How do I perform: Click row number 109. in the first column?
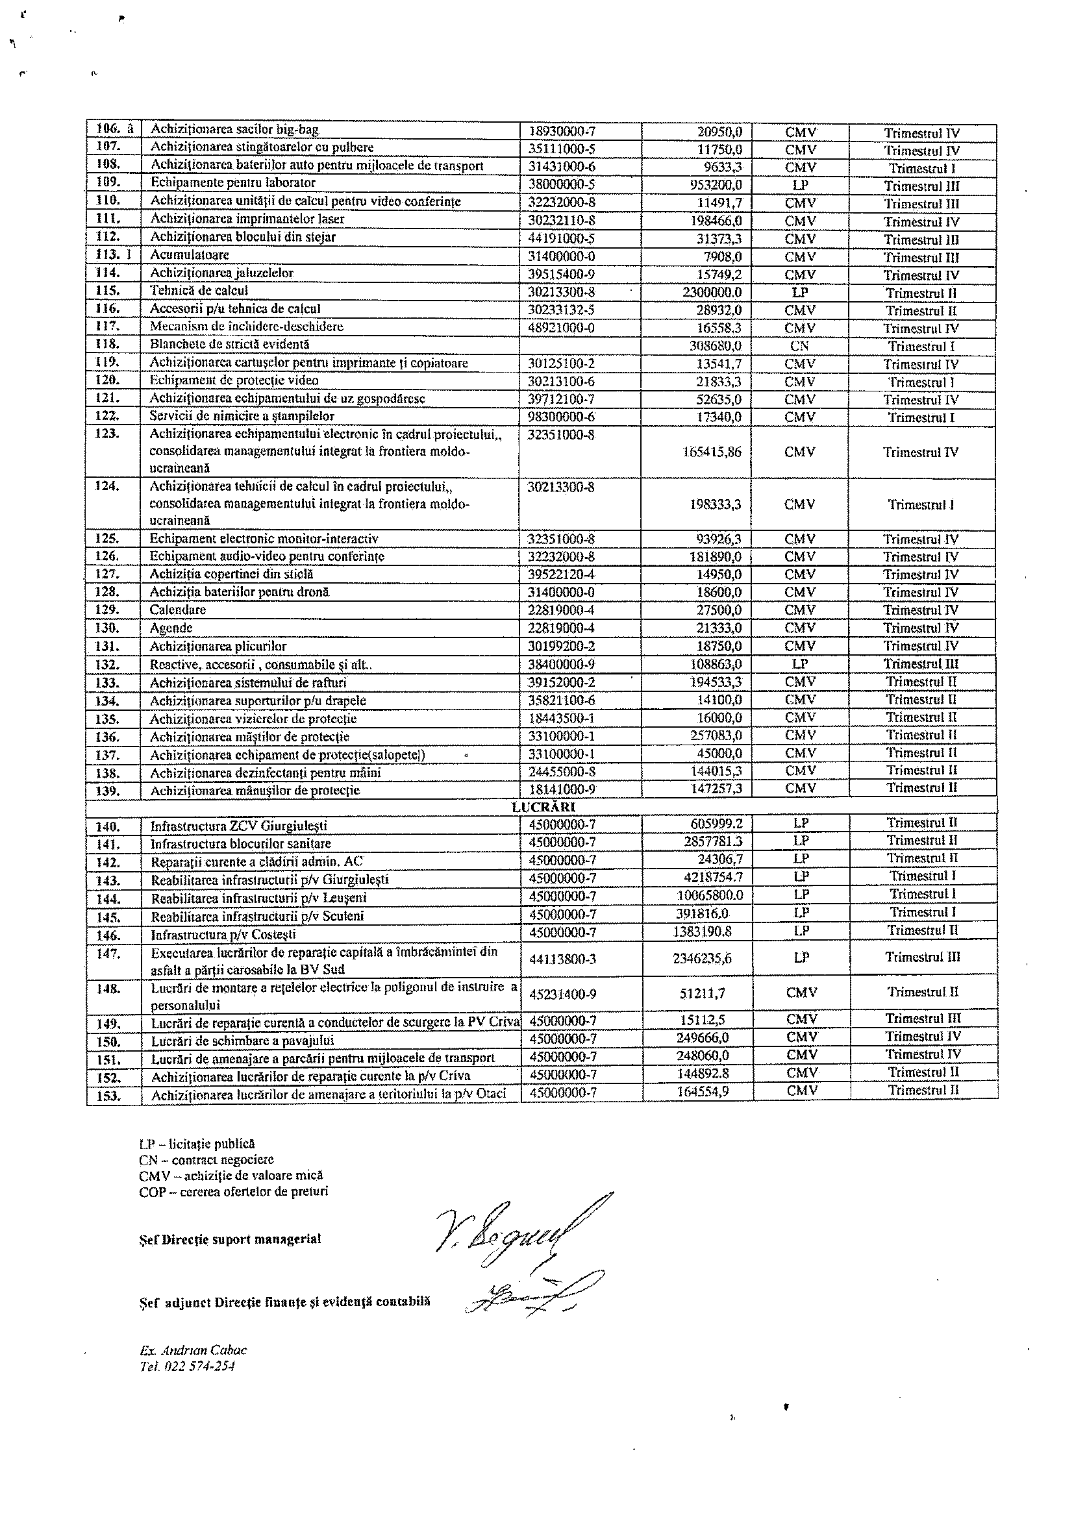click(108, 182)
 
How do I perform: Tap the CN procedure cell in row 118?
click(799, 346)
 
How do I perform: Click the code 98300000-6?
click(562, 417)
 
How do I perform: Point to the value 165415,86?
click(712, 452)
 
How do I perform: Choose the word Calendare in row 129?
click(177, 610)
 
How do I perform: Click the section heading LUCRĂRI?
click(534, 807)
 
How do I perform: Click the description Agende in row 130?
click(171, 628)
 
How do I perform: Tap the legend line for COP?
click(234, 1192)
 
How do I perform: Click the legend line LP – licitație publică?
click(197, 1144)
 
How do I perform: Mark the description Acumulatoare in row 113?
click(189, 254)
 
